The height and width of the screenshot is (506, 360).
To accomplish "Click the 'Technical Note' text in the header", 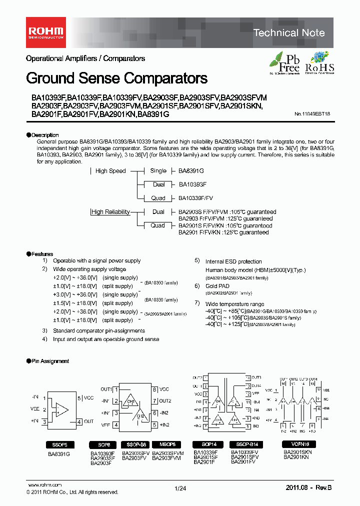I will point(288,33).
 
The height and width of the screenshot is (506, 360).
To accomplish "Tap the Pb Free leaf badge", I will point(284,63).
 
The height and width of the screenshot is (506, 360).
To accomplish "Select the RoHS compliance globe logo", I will point(319,63).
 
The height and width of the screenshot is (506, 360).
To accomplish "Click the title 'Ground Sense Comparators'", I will point(116,78).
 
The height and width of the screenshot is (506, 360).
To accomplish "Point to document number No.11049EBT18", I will point(315,114).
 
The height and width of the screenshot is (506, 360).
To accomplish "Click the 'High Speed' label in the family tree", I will point(110,171).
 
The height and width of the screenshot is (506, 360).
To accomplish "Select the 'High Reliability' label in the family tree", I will point(110,212).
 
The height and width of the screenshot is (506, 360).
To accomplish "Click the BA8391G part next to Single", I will point(191,171).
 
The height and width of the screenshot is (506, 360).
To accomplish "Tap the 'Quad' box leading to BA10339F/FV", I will point(158,198).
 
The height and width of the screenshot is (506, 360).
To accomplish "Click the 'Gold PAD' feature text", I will point(217,286).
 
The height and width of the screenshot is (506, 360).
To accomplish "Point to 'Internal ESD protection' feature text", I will point(233,261).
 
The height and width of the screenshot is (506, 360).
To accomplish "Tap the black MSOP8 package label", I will point(167,444).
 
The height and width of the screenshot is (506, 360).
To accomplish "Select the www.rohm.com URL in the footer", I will point(44,485).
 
